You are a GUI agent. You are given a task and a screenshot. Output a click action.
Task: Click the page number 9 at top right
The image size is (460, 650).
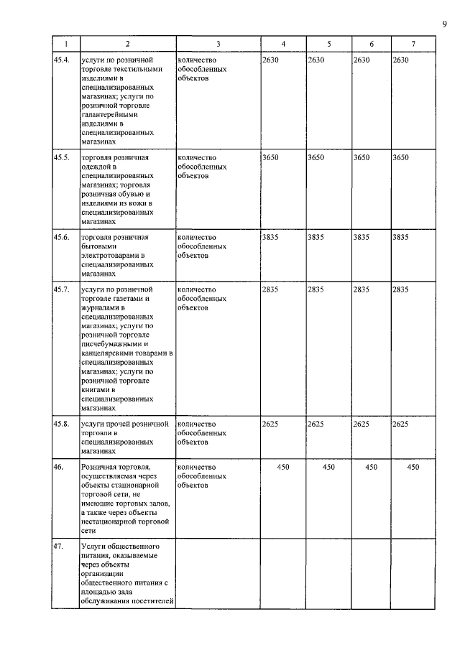click(x=445, y=25)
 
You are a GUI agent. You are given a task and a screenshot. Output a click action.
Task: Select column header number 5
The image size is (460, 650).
click(x=328, y=45)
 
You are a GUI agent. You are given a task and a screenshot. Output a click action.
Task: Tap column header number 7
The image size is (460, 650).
click(x=413, y=45)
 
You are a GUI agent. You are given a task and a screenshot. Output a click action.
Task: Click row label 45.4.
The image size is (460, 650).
click(x=62, y=60)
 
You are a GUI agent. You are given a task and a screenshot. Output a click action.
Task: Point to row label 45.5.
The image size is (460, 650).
click(x=62, y=157)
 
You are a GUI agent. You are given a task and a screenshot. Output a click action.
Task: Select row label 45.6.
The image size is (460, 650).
click(x=62, y=236)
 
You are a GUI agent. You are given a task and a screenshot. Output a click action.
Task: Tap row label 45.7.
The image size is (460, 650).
click(x=62, y=289)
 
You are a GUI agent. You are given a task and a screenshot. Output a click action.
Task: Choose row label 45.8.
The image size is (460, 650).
click(x=62, y=424)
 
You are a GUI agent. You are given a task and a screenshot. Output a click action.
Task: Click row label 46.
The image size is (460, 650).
click(x=58, y=467)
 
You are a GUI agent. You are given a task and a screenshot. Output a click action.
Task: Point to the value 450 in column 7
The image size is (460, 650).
click(x=413, y=467)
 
